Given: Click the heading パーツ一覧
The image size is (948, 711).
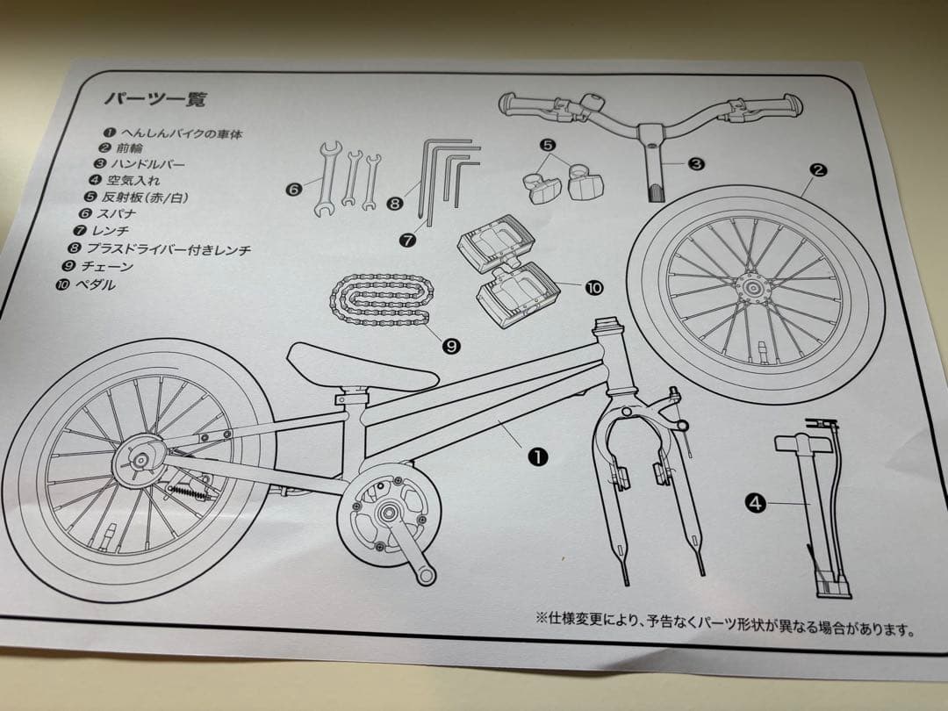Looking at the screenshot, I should tap(155, 99).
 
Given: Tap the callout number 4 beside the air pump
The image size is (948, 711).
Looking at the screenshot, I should tap(755, 503).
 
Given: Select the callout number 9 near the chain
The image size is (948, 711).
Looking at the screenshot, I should tap(451, 346).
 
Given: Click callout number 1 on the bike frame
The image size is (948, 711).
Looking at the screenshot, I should tap(537, 456).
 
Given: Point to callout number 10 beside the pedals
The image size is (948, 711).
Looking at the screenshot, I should tap(594, 287).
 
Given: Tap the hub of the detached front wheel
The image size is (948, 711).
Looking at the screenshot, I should tap(752, 285).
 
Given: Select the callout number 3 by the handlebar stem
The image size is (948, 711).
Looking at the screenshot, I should tap(695, 163).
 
